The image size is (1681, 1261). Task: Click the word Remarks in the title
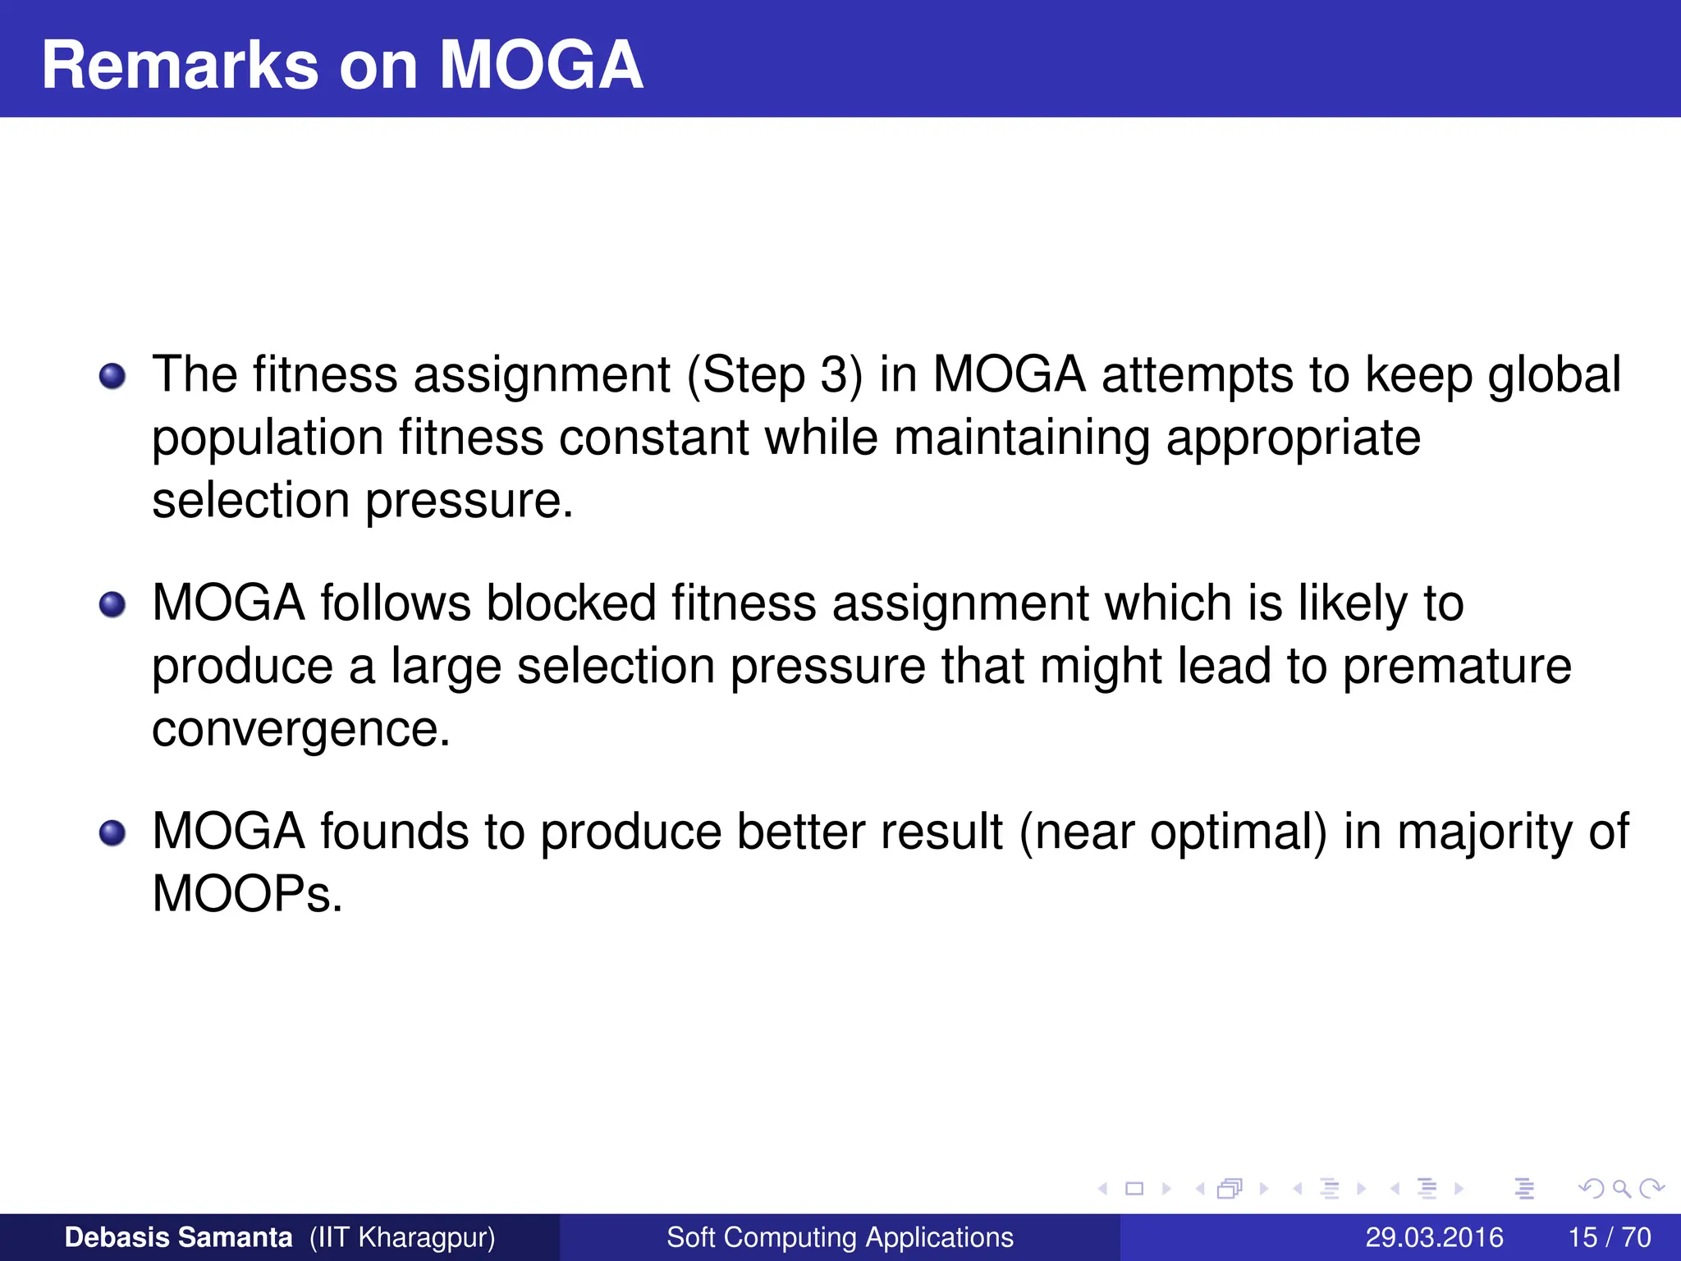pos(180,66)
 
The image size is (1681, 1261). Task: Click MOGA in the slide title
pos(541,66)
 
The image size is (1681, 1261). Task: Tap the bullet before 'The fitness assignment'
pos(112,377)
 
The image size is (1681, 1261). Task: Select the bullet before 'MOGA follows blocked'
pos(112,605)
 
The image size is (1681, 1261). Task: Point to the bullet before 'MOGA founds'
pos(112,833)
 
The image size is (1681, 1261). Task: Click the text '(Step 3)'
pos(775,375)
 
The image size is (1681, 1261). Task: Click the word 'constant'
pos(653,438)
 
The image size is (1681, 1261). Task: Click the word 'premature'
pos(1457,667)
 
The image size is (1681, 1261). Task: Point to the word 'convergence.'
pos(301,730)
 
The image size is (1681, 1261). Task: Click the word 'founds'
pos(394,832)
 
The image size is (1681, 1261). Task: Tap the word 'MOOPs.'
pos(247,894)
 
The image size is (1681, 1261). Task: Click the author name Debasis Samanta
pos(178,1237)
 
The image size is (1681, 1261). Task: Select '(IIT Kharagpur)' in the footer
pos(402,1237)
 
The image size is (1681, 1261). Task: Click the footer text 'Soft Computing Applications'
pos(840,1237)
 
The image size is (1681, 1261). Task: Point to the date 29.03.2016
pos(1434,1237)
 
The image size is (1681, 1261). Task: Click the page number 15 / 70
pos(1609,1237)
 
